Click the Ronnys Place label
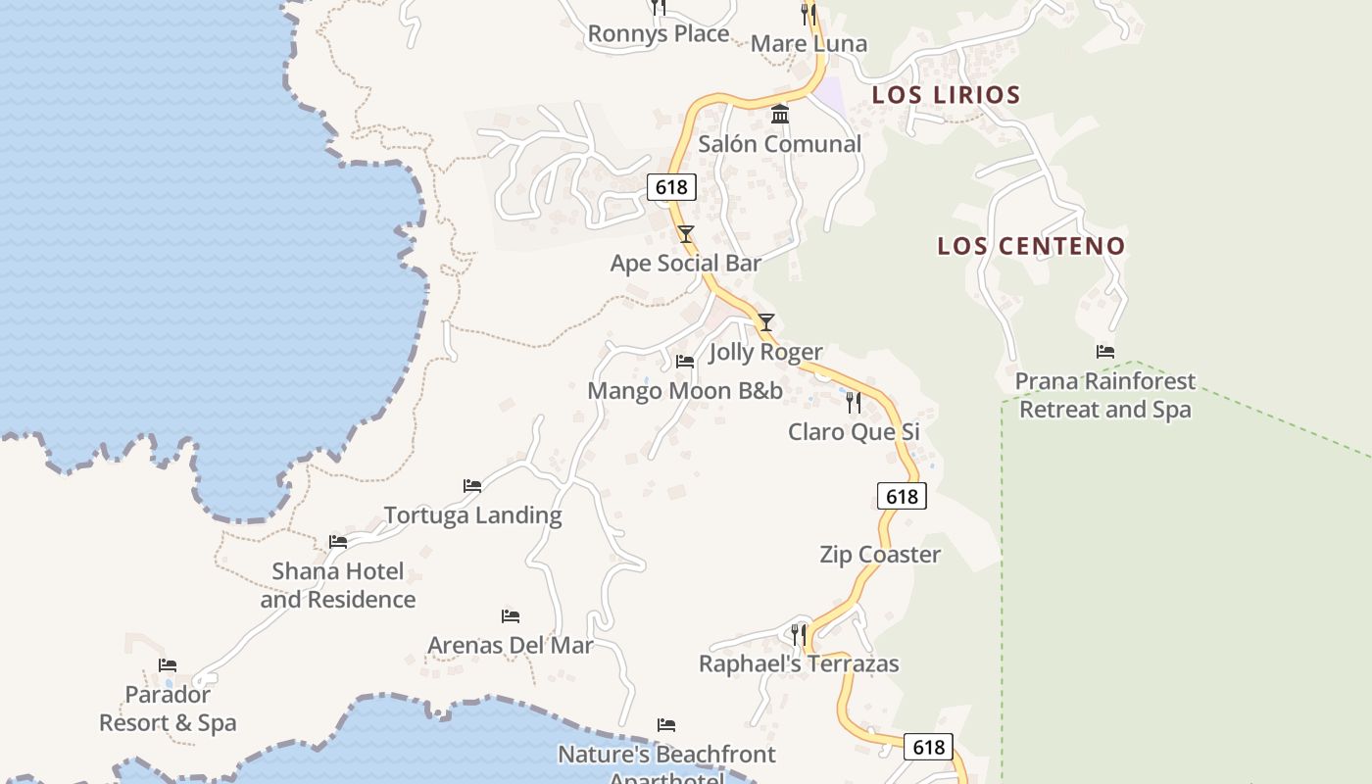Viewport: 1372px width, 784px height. pyautogui.click(x=658, y=34)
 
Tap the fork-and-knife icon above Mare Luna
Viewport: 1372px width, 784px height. pyautogui.click(x=808, y=13)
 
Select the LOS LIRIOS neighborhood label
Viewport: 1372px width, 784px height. pyautogui.click(x=946, y=95)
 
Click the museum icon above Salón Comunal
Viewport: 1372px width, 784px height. pyautogui.click(x=780, y=115)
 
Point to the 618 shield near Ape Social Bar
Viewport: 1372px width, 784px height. pyautogui.click(x=671, y=187)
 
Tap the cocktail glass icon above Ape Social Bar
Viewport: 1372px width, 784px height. pyautogui.click(x=686, y=233)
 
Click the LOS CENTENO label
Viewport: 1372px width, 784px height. pyautogui.click(x=1031, y=246)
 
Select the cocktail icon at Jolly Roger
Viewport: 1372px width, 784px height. pyautogui.click(x=766, y=321)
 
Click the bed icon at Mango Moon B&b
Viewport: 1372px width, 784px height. pyautogui.click(x=685, y=362)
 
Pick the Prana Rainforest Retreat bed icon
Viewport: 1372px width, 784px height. pyautogui.click(x=1105, y=352)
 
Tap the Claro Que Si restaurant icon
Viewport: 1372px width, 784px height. pyautogui.click(x=854, y=402)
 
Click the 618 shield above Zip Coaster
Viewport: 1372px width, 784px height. pyautogui.click(x=902, y=496)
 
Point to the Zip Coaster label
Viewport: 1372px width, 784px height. pyautogui.click(x=880, y=555)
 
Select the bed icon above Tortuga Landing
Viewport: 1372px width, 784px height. pyautogui.click(x=472, y=485)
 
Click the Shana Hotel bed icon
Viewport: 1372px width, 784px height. pyautogui.click(x=338, y=541)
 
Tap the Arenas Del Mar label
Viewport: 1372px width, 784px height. pyautogui.click(x=511, y=646)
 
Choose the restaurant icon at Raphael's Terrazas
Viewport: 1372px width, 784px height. pyautogui.click(x=799, y=634)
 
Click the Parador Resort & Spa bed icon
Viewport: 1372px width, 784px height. pyautogui.click(x=168, y=665)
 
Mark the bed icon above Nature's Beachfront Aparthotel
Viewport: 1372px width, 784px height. pyautogui.click(x=666, y=725)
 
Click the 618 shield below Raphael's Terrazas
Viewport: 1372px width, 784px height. pyautogui.click(x=927, y=747)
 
